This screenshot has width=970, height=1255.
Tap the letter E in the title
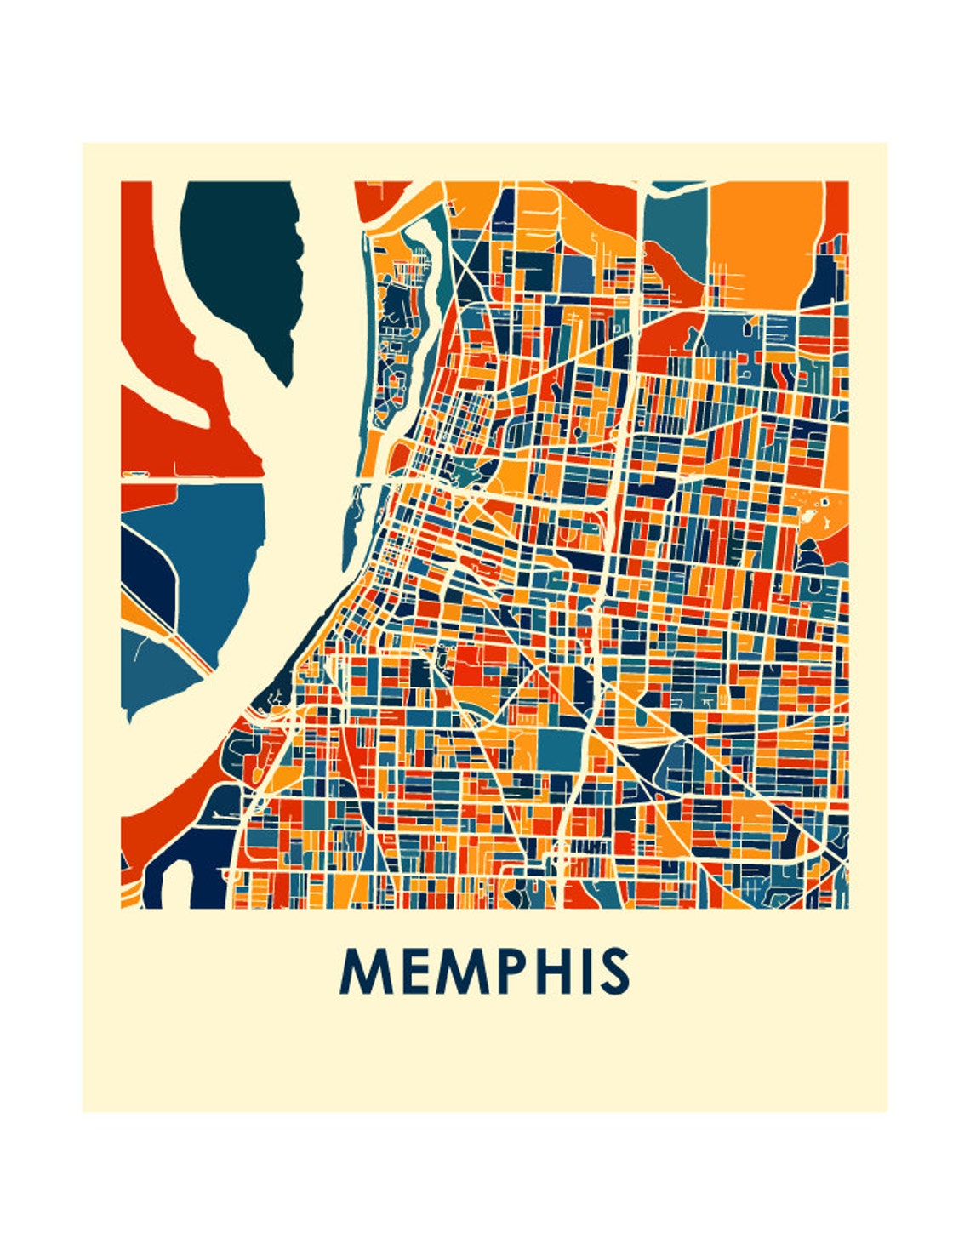pos(411,972)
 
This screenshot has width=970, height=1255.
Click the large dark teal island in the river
pos(242,264)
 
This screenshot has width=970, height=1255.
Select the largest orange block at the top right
pos(762,230)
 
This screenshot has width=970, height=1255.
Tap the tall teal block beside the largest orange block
pos(675,230)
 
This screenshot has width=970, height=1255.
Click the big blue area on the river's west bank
pos(217,553)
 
